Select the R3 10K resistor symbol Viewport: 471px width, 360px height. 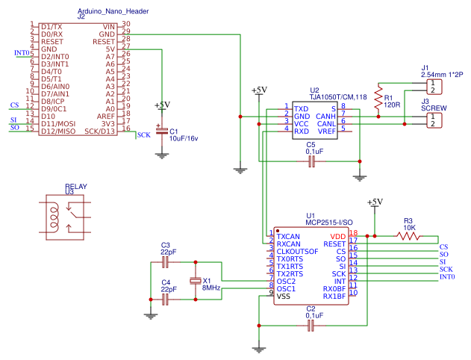click(408, 236)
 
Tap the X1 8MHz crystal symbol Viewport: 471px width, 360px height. click(196, 281)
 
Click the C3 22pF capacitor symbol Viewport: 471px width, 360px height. click(166, 262)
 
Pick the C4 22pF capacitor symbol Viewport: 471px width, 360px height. click(166, 299)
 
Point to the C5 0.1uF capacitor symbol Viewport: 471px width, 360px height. click(312, 161)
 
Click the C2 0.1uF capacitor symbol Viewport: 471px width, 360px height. click(311, 326)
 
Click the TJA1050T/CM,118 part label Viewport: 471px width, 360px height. click(338, 97)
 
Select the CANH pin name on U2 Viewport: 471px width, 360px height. click(325, 116)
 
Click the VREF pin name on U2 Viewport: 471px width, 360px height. click(326, 131)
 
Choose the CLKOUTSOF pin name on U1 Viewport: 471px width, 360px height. click(297, 252)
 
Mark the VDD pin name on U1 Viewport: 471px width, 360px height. click(338, 236)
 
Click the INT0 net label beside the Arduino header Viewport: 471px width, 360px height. click(22, 53)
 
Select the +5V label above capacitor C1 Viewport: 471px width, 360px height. click(161, 105)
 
